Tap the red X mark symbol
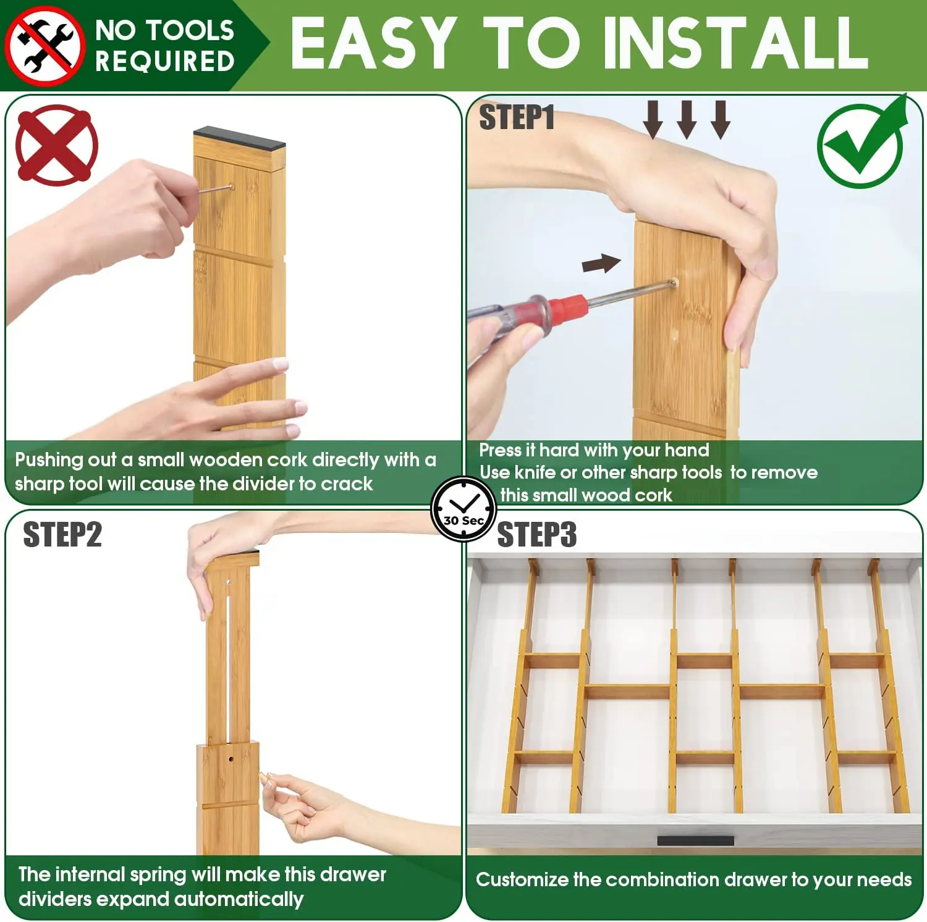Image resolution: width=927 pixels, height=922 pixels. pyautogui.click(x=56, y=146)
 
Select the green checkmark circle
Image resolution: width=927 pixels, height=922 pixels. pyautogui.click(x=861, y=145)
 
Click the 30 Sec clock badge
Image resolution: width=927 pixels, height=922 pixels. pyautogui.click(x=463, y=510)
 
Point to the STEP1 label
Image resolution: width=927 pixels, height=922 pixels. pyautogui.click(x=517, y=117)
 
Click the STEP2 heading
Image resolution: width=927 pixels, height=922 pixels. pyautogui.click(x=62, y=535)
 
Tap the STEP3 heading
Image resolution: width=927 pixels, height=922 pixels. pyautogui.click(x=536, y=535)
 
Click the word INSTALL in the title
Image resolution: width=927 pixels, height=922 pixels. pyautogui.click(x=735, y=43)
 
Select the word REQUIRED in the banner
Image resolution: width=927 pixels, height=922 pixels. pyautogui.click(x=165, y=62)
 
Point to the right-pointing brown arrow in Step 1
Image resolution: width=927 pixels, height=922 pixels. pyautogui.click(x=601, y=264)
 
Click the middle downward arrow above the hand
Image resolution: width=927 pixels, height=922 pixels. pyautogui.click(x=687, y=120)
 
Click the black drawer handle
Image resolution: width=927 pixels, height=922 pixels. pyautogui.click(x=695, y=840)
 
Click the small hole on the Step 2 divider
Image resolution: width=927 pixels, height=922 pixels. pyautogui.click(x=231, y=758)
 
